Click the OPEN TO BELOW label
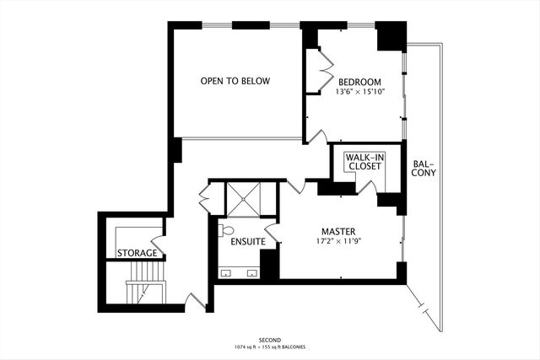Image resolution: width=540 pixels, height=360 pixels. (x=235, y=81)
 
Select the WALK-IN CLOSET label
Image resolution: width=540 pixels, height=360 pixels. (x=364, y=160)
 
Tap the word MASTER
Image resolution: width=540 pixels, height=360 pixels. (x=337, y=231)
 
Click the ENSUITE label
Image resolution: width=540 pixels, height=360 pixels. (x=248, y=242)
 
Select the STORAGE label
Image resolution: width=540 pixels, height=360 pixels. (x=137, y=253)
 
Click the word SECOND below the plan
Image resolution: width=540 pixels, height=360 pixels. (x=270, y=339)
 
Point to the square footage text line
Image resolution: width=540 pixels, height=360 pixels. (x=270, y=347)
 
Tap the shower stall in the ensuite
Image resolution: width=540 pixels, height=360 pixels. (x=242, y=200)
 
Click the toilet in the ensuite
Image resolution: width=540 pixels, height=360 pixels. (x=226, y=230)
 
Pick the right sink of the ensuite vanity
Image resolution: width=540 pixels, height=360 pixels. (x=251, y=272)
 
